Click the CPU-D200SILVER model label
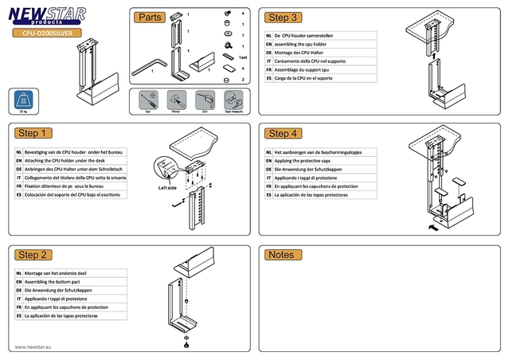45,34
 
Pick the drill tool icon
202,100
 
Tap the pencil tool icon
175,100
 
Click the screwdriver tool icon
147,100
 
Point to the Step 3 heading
284,18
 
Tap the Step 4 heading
284,133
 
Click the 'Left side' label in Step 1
167,189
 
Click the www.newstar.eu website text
34,347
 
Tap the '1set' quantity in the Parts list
243,58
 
